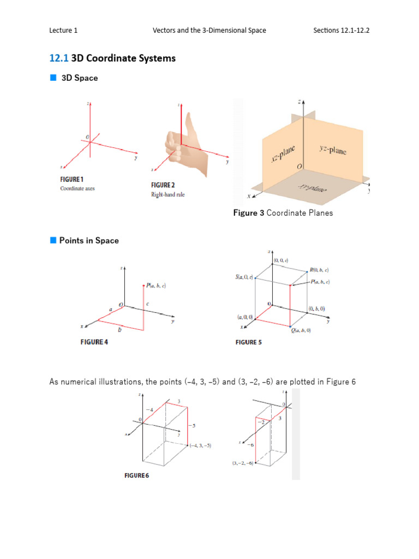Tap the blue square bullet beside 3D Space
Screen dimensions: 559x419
[53, 78]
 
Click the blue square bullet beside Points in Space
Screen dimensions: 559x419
[53, 240]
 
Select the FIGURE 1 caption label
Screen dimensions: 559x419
[71, 179]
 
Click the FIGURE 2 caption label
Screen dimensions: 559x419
[163, 185]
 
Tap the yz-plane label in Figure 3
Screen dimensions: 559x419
[332, 150]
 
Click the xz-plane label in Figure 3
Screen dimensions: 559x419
[283, 152]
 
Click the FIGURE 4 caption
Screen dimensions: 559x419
[91, 342]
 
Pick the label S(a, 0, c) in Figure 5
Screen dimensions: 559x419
[243, 278]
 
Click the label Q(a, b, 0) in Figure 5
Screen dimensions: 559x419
[300, 331]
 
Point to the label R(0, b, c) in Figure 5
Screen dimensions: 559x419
[319, 270]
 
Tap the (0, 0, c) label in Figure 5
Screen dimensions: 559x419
[282, 261]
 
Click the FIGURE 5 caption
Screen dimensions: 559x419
[248, 342]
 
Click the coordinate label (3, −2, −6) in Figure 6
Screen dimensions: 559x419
[243, 463]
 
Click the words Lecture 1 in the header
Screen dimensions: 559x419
[63, 31]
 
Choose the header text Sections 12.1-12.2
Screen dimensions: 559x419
[341, 31]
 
